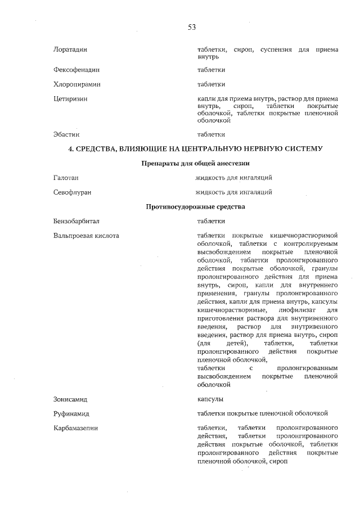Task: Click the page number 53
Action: click(x=191, y=27)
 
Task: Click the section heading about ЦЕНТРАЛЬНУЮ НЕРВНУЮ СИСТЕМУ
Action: click(x=195, y=149)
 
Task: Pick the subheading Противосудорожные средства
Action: click(x=195, y=206)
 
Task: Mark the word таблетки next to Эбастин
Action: click(x=211, y=134)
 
